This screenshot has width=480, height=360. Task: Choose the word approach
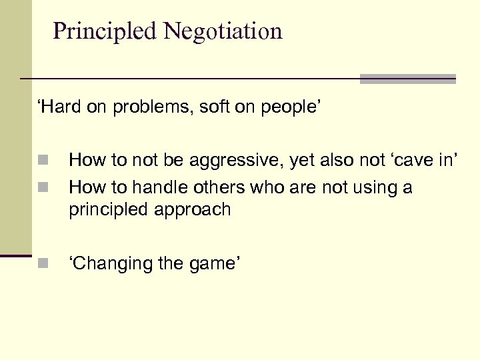tap(194, 211)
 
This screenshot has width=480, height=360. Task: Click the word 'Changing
tap(111, 264)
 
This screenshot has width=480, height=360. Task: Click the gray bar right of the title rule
tap(407, 79)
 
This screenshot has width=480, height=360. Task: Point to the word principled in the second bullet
tap(109, 211)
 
